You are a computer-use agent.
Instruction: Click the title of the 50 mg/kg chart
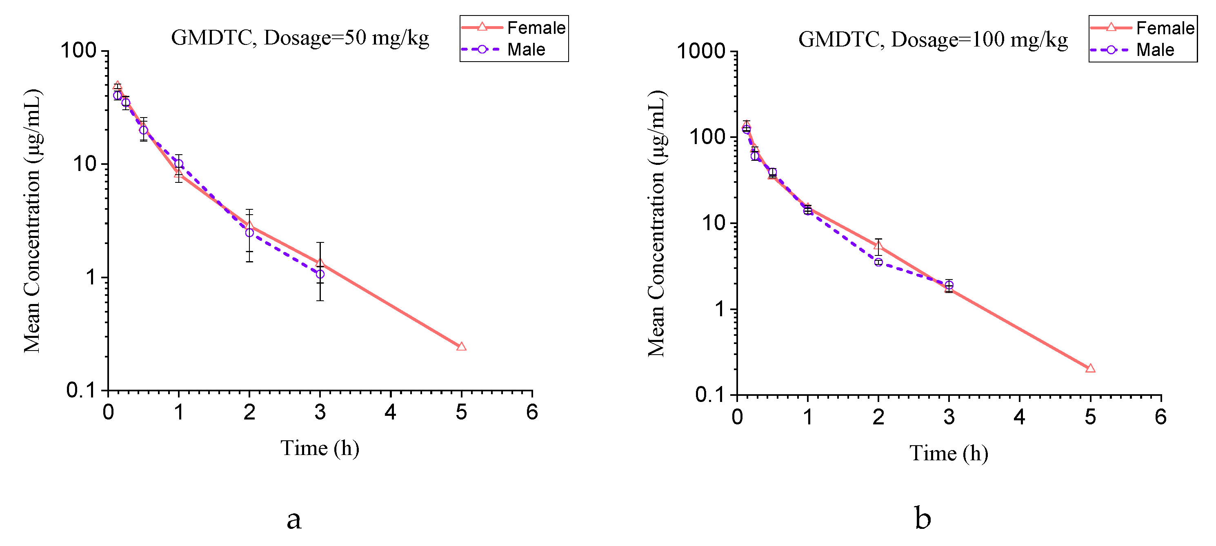[x=300, y=38]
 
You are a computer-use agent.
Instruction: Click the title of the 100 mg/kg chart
[x=932, y=39]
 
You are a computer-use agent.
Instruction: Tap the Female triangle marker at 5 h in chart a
[x=461, y=347]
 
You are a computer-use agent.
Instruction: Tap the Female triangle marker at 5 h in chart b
[x=1090, y=368]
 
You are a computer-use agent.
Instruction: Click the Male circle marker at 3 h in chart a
[x=320, y=274]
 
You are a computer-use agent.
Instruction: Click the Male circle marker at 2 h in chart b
[x=878, y=262]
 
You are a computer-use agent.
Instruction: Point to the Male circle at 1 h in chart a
[x=178, y=164]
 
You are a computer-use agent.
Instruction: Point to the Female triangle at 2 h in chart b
[x=878, y=245]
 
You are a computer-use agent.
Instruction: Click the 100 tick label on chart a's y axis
[x=78, y=51]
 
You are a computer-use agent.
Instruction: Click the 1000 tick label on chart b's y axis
[x=700, y=51]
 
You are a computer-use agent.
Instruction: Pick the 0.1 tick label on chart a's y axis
[x=81, y=391]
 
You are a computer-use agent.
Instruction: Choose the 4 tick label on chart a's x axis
[x=390, y=413]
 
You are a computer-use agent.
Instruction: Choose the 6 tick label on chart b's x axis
[x=1161, y=417]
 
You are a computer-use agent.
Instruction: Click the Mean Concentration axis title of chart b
[x=656, y=223]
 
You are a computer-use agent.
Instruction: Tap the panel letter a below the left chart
[x=293, y=519]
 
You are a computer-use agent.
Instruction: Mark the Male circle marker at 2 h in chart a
[x=249, y=233]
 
